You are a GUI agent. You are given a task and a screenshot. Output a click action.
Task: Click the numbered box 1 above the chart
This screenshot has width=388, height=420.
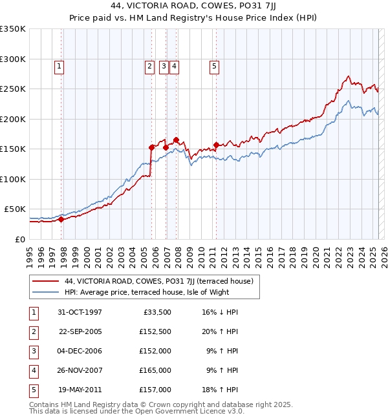(x=59, y=65)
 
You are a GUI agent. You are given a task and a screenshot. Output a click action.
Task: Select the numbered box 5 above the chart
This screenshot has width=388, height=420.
(x=214, y=65)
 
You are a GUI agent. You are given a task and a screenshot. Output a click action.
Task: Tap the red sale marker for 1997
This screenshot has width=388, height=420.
(x=61, y=219)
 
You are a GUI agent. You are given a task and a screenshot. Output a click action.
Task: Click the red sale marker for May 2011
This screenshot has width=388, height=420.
(x=216, y=145)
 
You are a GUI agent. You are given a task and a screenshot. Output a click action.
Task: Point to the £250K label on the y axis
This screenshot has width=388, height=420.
(x=12, y=89)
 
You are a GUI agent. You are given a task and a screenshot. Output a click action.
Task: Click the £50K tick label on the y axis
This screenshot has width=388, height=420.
(x=14, y=209)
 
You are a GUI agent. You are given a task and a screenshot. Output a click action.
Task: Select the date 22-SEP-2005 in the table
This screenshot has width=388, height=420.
(x=80, y=331)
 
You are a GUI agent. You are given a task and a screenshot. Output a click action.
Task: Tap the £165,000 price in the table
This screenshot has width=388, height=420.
(x=155, y=370)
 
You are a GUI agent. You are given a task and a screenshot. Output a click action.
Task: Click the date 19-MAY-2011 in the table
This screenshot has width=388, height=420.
(x=80, y=390)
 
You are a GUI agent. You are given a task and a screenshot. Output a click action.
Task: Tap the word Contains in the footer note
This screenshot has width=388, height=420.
(x=44, y=404)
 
